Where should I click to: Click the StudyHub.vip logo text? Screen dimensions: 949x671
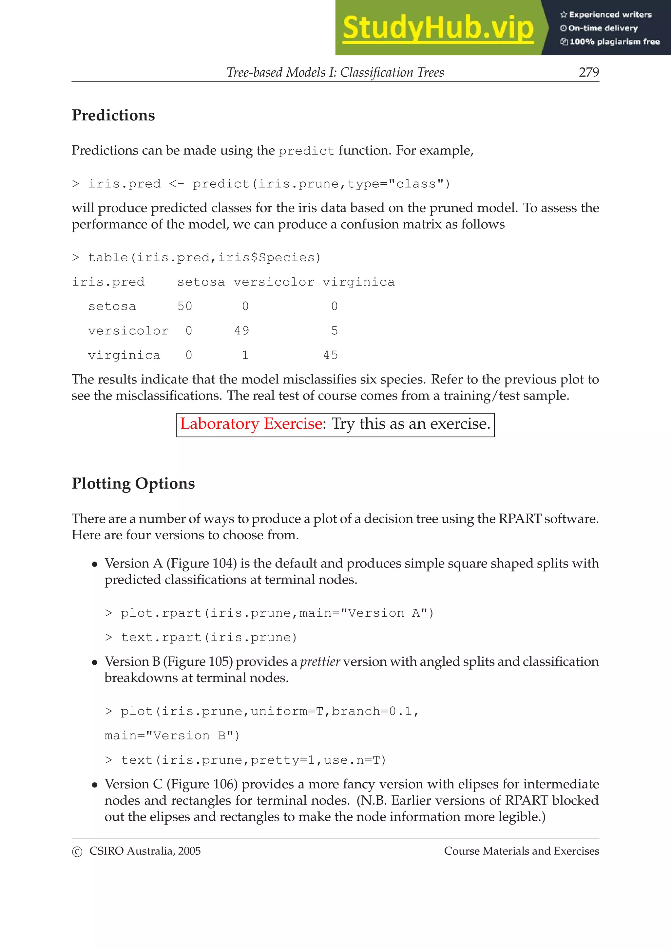[438, 28]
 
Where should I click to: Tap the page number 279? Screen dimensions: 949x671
[589, 72]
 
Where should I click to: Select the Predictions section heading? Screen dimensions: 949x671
[113, 115]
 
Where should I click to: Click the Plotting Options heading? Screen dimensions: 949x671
[133, 484]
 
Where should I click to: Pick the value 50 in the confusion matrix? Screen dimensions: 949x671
[185, 306]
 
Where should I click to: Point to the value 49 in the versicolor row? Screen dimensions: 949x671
[242, 331]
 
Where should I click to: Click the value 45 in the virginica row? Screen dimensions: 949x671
[330, 355]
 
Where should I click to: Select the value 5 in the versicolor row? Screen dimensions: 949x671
[335, 331]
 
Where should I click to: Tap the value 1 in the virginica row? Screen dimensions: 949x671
[245, 355]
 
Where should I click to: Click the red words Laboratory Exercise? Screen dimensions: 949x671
[251, 424]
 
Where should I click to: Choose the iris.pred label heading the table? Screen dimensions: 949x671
[108, 282]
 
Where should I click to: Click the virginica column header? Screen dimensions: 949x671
[358, 282]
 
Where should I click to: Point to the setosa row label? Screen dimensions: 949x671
[112, 306]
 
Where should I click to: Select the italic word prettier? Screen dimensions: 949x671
[320, 662]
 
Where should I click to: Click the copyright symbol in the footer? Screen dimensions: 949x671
[77, 852]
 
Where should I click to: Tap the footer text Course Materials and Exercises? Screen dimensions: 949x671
[521, 851]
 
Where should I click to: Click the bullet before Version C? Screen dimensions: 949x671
[95, 785]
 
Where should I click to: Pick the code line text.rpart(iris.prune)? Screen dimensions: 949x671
[209, 637]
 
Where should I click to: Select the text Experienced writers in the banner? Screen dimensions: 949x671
[610, 14]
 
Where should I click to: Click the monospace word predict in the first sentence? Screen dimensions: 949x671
[306, 151]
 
